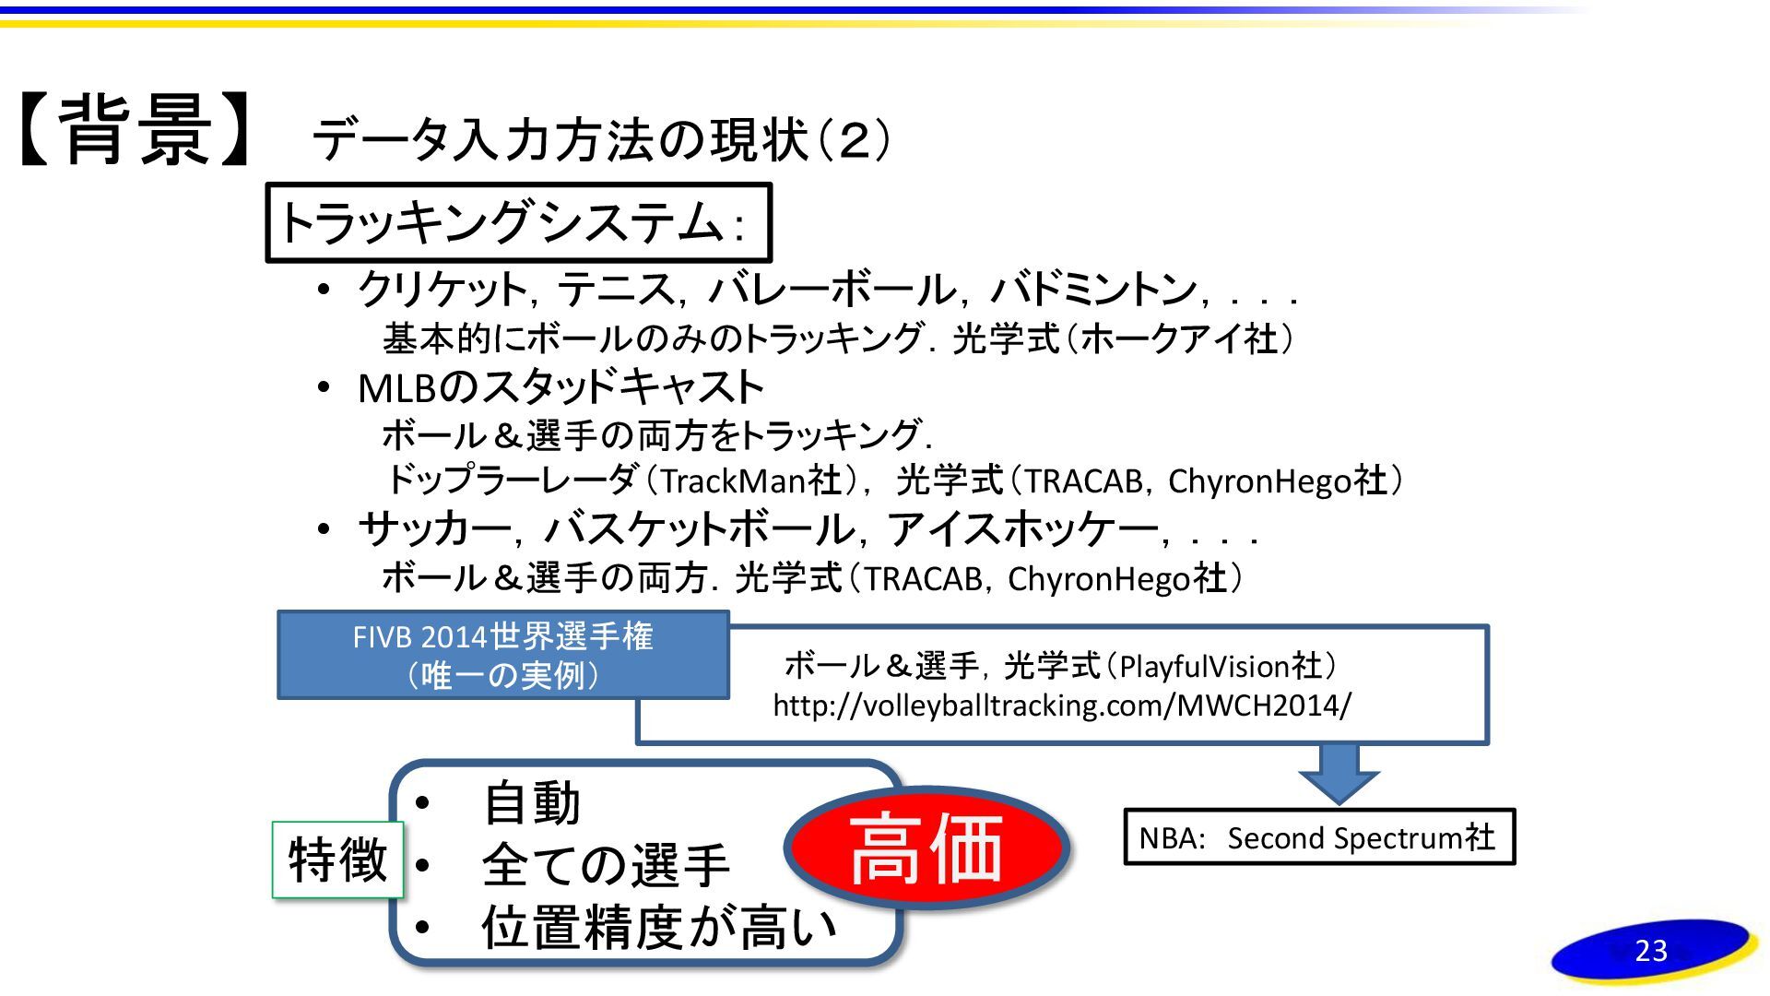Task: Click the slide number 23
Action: coord(1651,951)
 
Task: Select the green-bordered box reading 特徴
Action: coord(337,860)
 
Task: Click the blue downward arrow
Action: coord(1339,773)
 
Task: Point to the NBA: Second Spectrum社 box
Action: coord(1319,837)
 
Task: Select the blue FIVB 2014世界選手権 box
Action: coord(502,655)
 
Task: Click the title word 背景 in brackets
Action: coord(138,132)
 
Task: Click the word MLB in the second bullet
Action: coord(396,388)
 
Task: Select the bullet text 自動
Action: coord(531,803)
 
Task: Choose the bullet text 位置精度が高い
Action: coord(658,927)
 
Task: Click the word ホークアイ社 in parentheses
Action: coord(1179,338)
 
